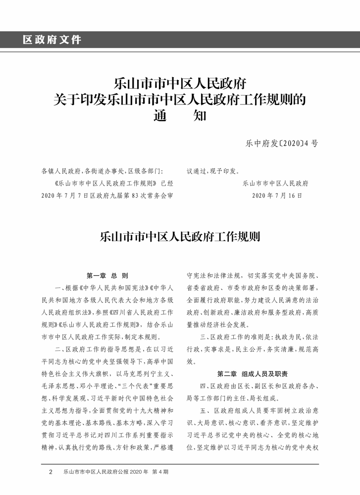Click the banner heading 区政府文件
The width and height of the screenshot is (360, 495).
pyautogui.click(x=51, y=40)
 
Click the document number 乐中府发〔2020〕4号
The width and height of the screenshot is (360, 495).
pyautogui.click(x=282, y=144)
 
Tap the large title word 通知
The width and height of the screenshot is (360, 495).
pyautogui.click(x=180, y=117)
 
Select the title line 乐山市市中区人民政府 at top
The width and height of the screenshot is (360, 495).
pyautogui.click(x=180, y=82)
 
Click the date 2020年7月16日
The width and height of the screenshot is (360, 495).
pyautogui.click(x=277, y=196)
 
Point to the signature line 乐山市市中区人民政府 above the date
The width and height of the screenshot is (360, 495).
pyautogui.click(x=276, y=183)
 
